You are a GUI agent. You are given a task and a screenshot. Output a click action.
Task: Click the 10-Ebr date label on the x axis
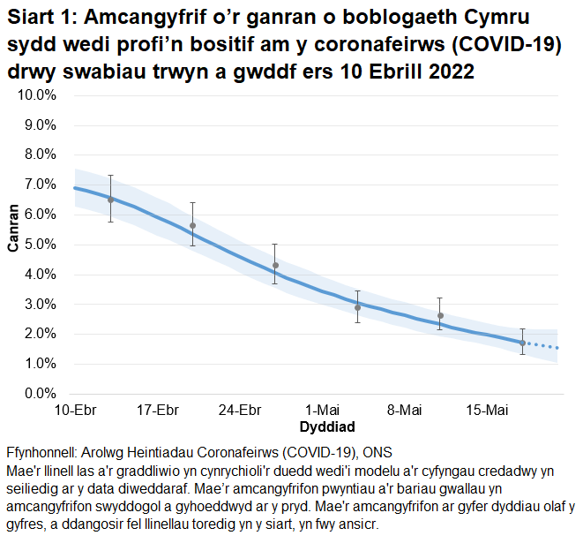point(74,411)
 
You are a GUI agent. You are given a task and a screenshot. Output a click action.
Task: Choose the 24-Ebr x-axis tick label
point(239,411)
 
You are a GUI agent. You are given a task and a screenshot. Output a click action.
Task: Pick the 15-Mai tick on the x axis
point(486,411)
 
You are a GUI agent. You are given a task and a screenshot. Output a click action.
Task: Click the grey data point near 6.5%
point(110,200)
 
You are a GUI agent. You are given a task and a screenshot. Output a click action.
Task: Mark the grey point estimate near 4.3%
point(275,266)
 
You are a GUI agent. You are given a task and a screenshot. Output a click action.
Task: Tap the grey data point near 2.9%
point(357,307)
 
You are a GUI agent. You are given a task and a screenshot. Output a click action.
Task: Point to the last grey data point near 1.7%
point(522,343)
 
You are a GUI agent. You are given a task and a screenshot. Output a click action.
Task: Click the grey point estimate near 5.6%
point(192,226)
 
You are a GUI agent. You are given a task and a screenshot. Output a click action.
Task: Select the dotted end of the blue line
point(542,346)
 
